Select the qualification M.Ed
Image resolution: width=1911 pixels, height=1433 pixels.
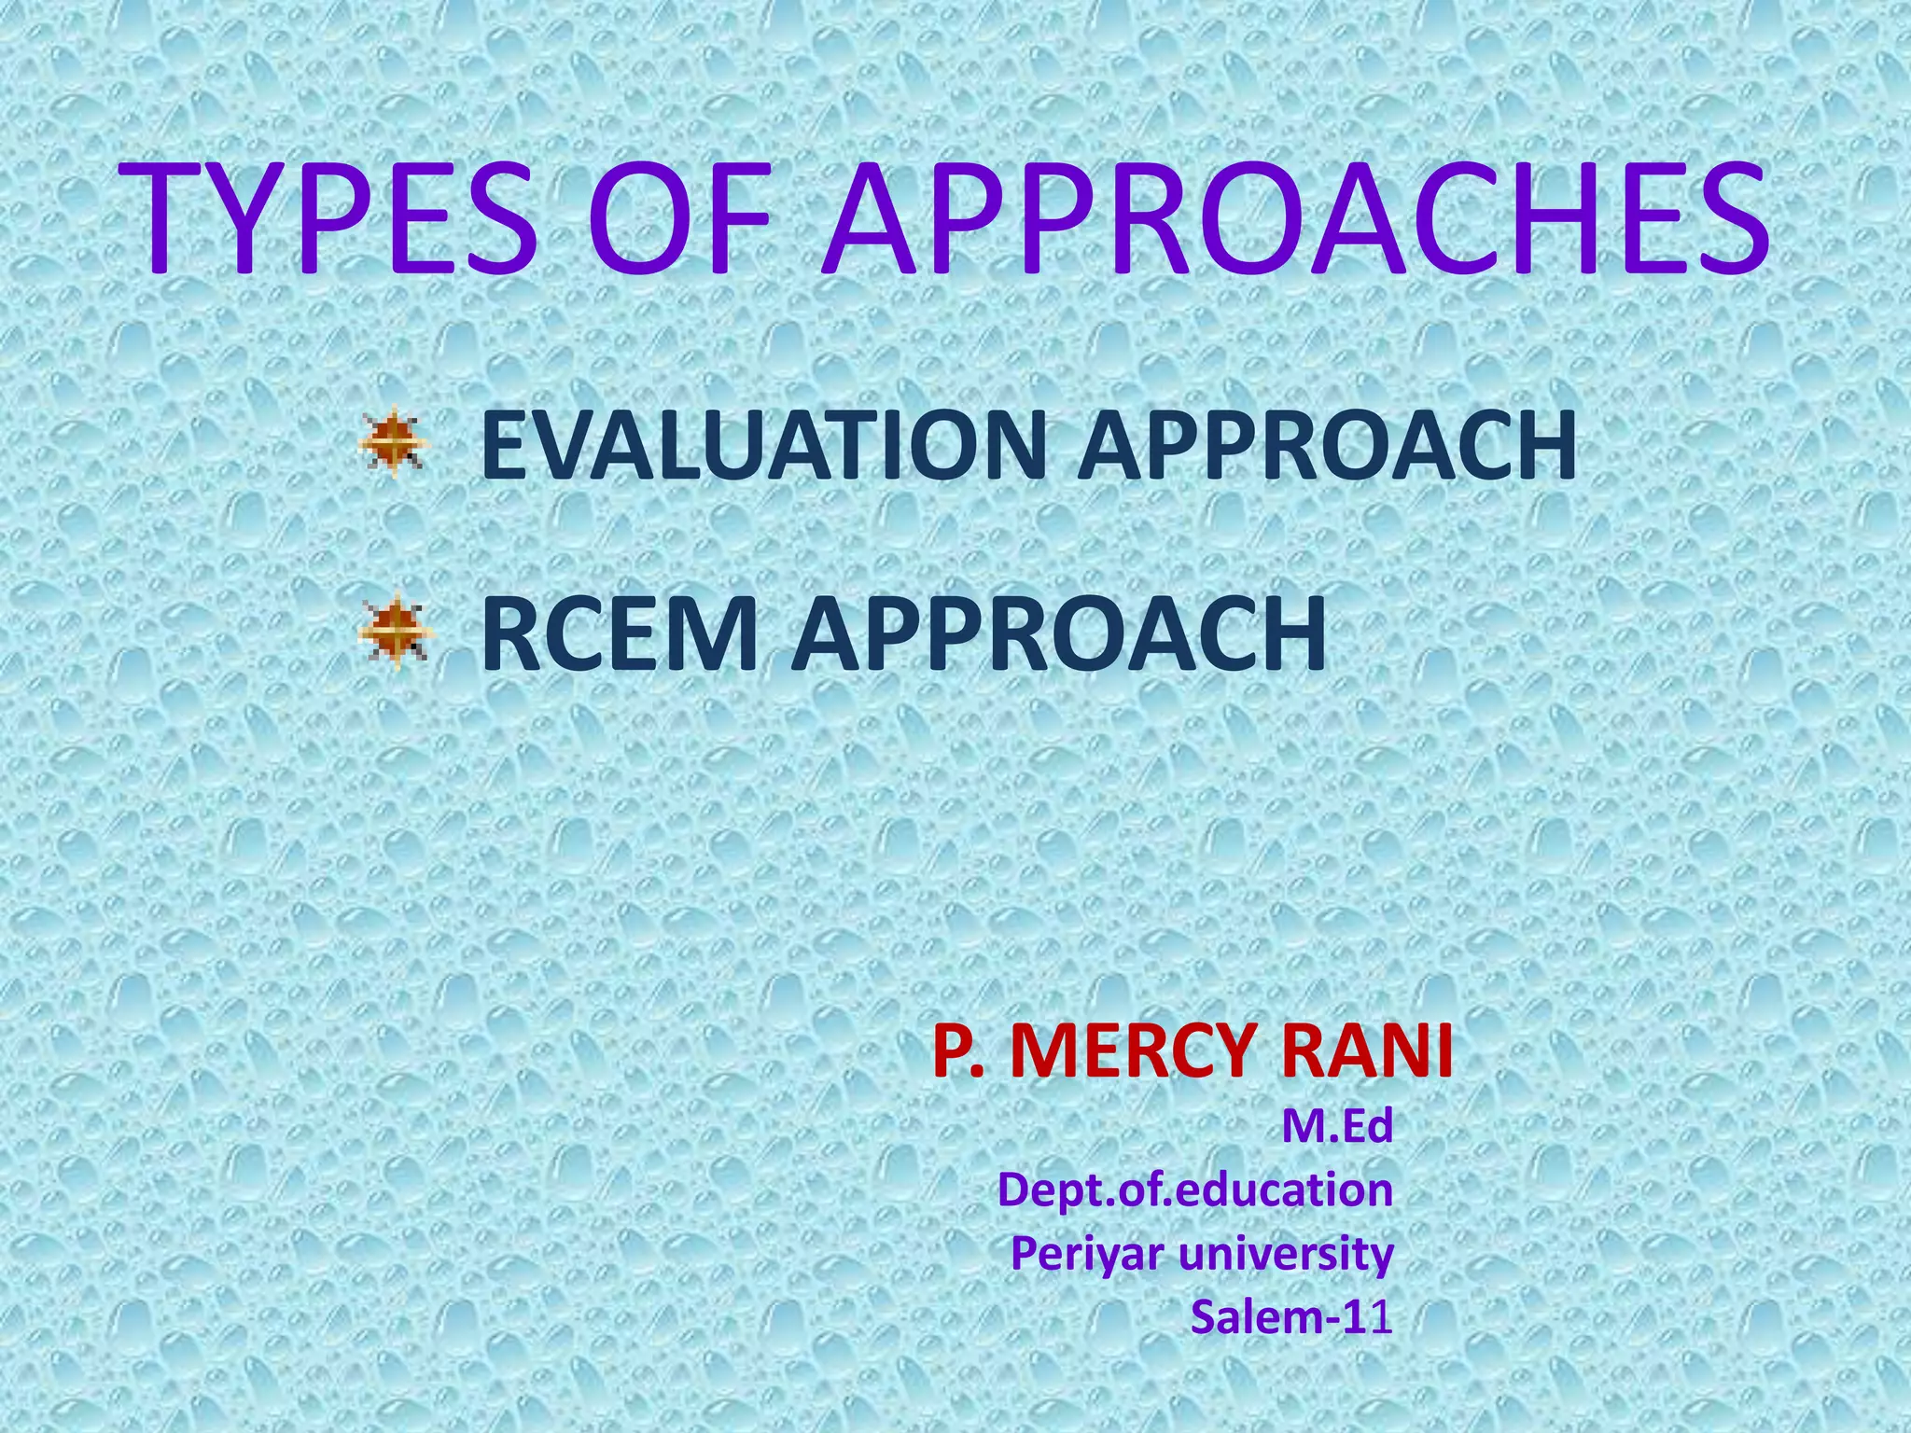coord(1336,1126)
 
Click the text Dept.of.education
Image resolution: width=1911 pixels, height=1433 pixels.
coord(1195,1190)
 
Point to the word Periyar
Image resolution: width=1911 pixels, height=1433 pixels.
coord(1085,1253)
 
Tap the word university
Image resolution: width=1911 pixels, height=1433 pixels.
coord(1287,1253)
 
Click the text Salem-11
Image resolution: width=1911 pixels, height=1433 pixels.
coord(1291,1316)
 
